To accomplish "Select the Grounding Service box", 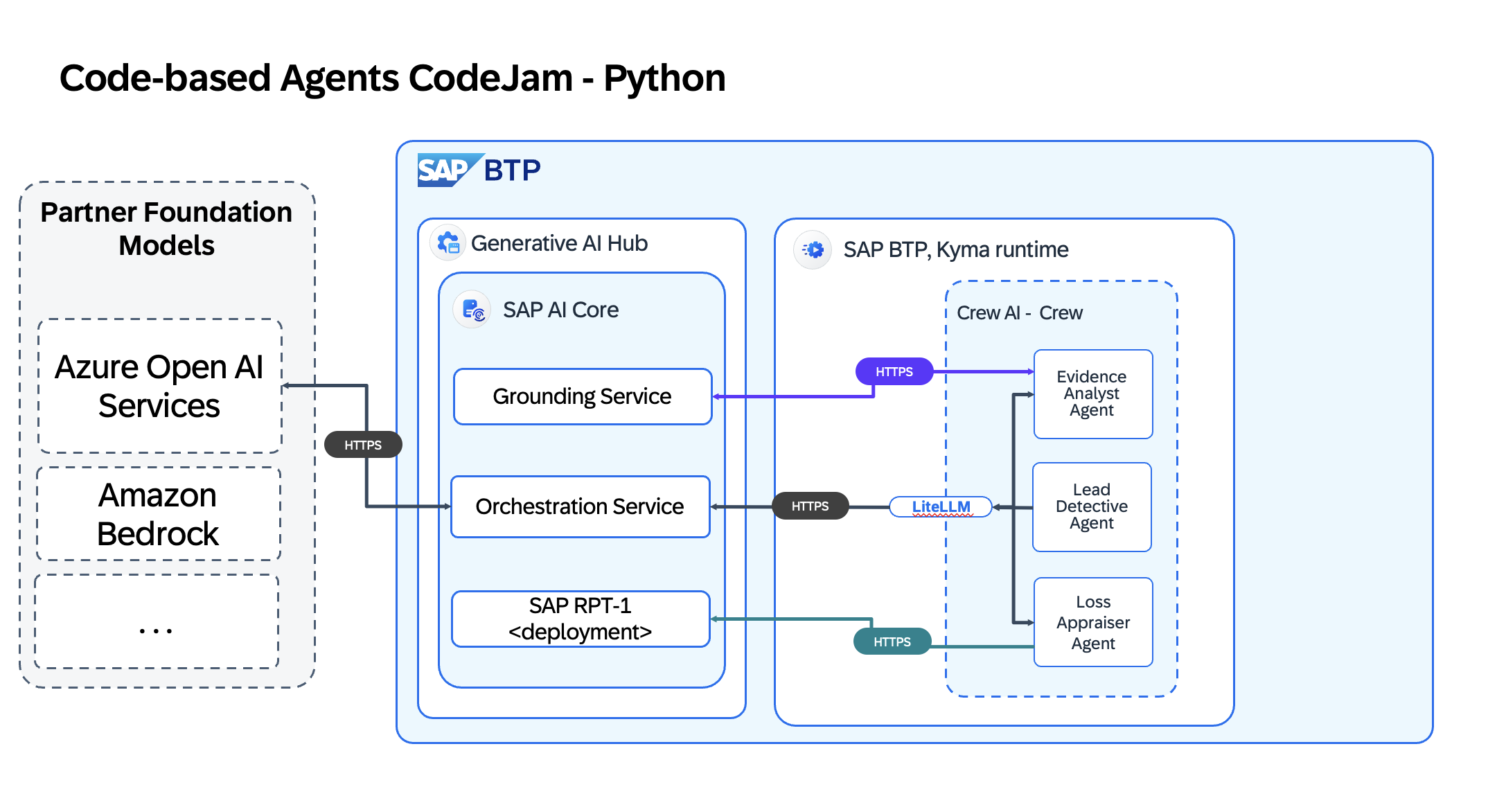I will (x=582, y=396).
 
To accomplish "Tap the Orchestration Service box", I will (x=580, y=506).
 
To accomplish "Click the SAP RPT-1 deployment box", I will (x=580, y=619).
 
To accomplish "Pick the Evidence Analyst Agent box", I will (x=1092, y=393).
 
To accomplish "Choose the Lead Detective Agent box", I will (x=1092, y=506).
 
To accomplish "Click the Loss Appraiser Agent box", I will (x=1093, y=622).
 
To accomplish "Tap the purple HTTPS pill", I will (x=894, y=371).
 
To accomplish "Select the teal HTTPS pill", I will (x=892, y=642).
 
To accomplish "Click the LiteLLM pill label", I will (x=940, y=506).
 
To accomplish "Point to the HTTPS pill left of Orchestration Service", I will (x=363, y=445).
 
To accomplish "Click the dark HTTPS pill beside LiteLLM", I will (x=810, y=506).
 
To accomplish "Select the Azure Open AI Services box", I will (x=159, y=386).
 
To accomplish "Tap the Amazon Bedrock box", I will (x=158, y=513).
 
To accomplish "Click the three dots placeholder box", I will (x=157, y=621).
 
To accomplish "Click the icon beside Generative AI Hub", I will (x=448, y=243).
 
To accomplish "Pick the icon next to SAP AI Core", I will (x=472, y=310).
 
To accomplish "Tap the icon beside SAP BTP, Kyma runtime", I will (x=813, y=249).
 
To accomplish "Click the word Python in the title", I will (x=664, y=78).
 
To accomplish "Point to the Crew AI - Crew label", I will (x=1019, y=313).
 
